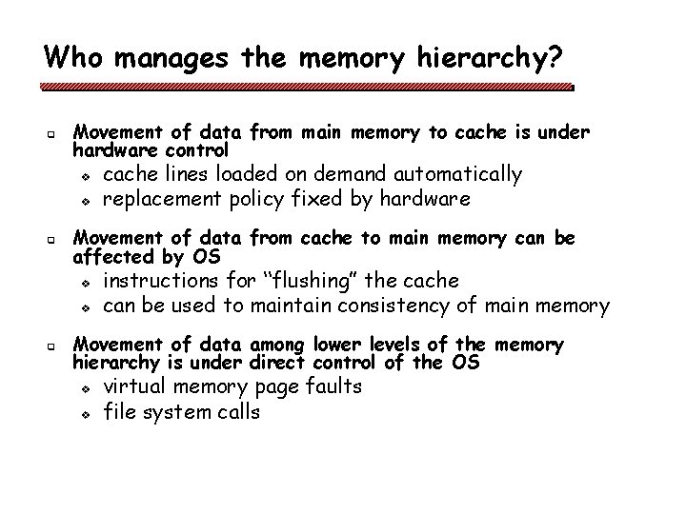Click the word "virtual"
(134, 386)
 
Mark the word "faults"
(333, 386)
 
